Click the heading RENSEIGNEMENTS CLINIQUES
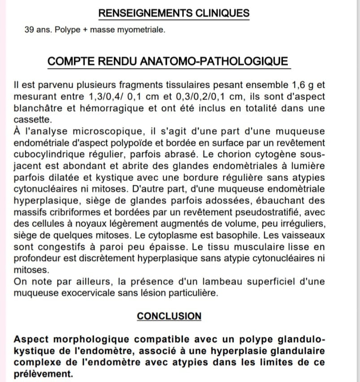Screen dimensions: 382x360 tap(173, 13)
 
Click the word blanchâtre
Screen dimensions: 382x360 tap(40, 109)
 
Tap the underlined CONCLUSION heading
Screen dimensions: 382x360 tap(169, 316)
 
